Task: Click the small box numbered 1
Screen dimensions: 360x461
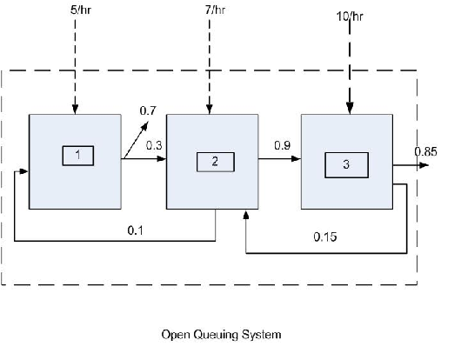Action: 77,156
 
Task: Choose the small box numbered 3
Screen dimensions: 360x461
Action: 346,163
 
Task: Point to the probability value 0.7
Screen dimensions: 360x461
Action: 149,110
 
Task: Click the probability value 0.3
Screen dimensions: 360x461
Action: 153,145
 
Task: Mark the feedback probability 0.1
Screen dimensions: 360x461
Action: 136,229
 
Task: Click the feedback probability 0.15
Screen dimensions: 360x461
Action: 325,236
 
